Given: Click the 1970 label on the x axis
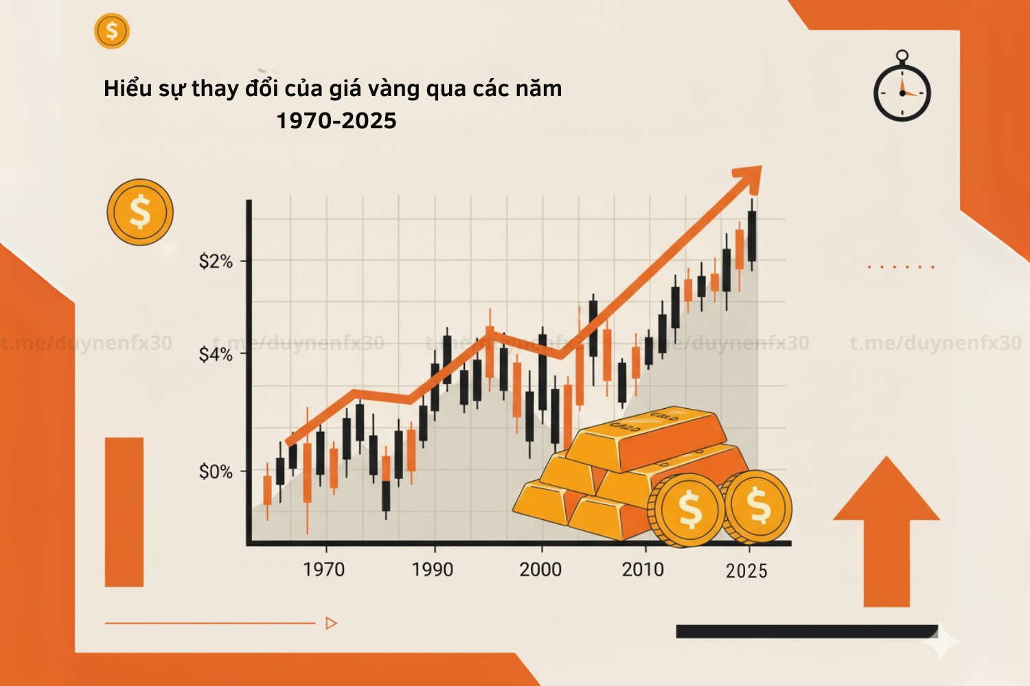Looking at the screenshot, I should click(324, 569).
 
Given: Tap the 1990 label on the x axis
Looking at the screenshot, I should click(433, 569).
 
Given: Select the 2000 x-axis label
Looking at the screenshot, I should click(540, 569).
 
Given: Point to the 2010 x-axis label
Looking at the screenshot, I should click(643, 569).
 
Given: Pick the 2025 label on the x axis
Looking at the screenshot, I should click(746, 571).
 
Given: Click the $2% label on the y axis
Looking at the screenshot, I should click(216, 261).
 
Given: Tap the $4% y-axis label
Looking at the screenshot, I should click(216, 355).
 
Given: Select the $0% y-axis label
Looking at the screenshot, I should click(216, 472).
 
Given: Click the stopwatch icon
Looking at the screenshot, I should click(902, 88).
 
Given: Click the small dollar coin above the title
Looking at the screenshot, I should click(112, 31).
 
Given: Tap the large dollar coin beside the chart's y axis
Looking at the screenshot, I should click(140, 212).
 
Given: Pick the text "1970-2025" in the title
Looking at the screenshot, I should click(336, 121).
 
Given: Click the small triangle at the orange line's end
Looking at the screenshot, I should click(332, 624).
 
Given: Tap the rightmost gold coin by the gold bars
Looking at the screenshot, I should click(758, 507).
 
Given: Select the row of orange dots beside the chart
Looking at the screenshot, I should click(901, 267).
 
